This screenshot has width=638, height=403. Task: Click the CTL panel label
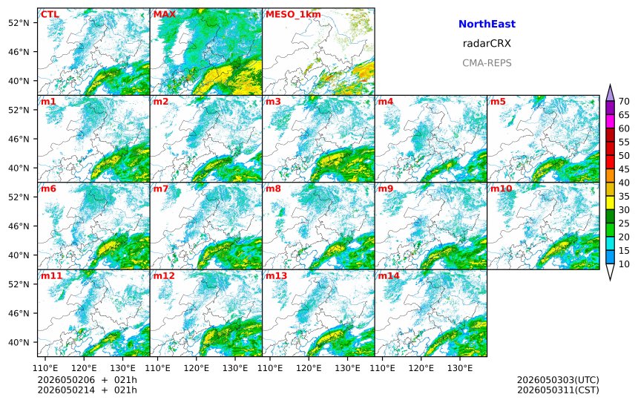click(50, 15)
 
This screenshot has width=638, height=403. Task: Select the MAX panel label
click(165, 15)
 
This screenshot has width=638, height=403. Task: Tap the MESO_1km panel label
click(293, 15)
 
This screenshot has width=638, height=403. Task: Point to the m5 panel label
click(498, 102)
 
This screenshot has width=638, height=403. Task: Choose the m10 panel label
click(501, 189)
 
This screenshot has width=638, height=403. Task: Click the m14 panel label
click(389, 276)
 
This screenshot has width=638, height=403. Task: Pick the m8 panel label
click(273, 189)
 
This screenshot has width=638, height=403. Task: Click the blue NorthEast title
click(487, 24)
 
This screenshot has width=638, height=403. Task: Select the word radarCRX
click(487, 44)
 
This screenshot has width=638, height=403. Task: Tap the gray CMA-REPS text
click(487, 63)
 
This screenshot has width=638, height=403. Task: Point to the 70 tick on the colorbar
click(624, 102)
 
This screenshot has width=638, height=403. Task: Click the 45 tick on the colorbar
click(624, 169)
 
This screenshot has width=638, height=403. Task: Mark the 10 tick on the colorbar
click(624, 264)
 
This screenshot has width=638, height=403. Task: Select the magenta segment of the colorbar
click(610, 122)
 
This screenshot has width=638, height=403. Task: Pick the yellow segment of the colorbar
click(610, 203)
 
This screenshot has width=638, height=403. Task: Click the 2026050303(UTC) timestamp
click(558, 380)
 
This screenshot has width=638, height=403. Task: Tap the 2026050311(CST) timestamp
click(558, 390)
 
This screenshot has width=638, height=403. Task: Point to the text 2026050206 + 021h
click(87, 380)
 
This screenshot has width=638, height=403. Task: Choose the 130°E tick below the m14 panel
click(460, 369)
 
